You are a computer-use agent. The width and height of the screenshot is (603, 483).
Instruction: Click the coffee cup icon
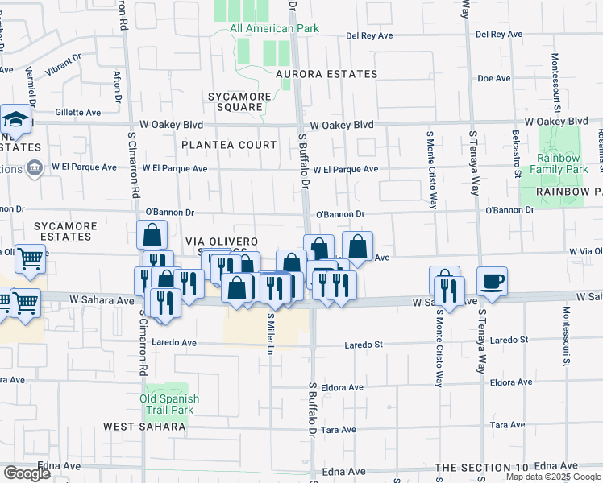(492, 281)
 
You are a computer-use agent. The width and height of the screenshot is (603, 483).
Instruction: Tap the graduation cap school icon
(15, 121)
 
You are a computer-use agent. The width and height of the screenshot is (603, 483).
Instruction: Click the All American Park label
(274, 29)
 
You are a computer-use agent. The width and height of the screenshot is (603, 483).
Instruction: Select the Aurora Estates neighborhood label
(326, 74)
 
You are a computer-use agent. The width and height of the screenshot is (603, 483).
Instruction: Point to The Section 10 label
(481, 468)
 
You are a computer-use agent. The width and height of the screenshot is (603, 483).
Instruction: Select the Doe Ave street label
(494, 78)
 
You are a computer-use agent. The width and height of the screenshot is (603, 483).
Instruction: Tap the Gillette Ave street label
(81, 113)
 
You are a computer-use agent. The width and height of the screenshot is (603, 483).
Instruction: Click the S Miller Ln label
(271, 334)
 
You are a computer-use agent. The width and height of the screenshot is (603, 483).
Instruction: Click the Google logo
(27, 473)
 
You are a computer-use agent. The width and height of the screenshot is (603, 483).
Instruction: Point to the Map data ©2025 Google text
(552, 477)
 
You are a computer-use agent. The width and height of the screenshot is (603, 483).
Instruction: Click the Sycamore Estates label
(64, 231)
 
